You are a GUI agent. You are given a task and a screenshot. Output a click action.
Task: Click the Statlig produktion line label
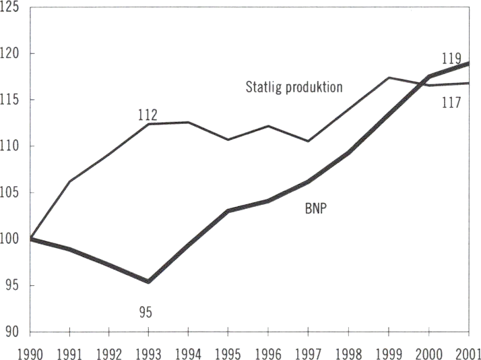pyautogui.click(x=294, y=87)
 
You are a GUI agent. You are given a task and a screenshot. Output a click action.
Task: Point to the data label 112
pyautogui.click(x=147, y=115)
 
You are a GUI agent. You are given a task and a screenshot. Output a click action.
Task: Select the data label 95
pyautogui.click(x=146, y=312)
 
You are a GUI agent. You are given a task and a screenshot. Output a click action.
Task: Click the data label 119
pyautogui.click(x=451, y=57)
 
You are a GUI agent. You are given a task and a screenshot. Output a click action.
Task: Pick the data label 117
pyautogui.click(x=451, y=103)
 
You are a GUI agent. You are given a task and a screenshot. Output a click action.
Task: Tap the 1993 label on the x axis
pyautogui.click(x=149, y=351)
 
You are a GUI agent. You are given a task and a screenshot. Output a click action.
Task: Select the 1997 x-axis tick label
pyautogui.click(x=308, y=351)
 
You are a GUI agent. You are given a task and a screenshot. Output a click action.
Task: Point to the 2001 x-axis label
pyautogui.click(x=466, y=351)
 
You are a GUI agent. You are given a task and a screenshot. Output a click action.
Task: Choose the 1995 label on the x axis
pyautogui.click(x=228, y=351)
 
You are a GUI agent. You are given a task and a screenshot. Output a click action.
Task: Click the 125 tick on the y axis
pyautogui.click(x=11, y=8)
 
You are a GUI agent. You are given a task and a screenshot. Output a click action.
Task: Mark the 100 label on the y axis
pyautogui.click(x=11, y=239)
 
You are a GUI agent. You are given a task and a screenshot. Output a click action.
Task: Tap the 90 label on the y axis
pyautogui.click(x=15, y=332)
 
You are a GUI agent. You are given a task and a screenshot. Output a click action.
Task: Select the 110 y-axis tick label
pyautogui.click(x=11, y=146)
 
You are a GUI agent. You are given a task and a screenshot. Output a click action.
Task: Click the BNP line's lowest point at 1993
pyautogui.click(x=149, y=282)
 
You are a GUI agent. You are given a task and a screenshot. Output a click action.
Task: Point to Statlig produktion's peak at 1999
pyautogui.click(x=389, y=78)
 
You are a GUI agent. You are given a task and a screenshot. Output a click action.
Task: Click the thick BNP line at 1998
pyautogui.click(x=348, y=153)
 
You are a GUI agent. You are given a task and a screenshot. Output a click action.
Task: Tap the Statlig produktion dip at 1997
pyautogui.click(x=308, y=141)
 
